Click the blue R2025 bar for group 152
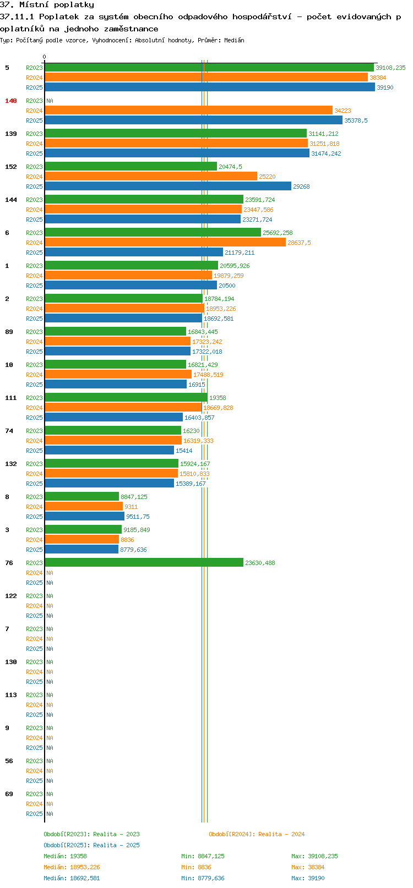coord(168,187)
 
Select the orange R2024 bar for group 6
coord(165,243)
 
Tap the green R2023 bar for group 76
coord(144,562)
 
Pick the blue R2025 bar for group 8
coord(84,517)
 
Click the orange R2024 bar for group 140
coord(188,111)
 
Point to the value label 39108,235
coord(391,68)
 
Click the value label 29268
coord(302,187)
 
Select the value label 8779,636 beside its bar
coord(133,550)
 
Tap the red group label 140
coord(10,101)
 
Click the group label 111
coord(10,398)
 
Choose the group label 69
coord(9,794)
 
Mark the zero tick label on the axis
coord(44,57)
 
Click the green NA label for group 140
coord(50,101)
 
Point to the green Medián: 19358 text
coord(65,856)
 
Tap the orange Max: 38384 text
coord(308,868)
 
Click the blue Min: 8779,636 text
coord(203,878)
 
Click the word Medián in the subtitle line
coord(234,40)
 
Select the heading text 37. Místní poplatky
coord(47,5)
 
